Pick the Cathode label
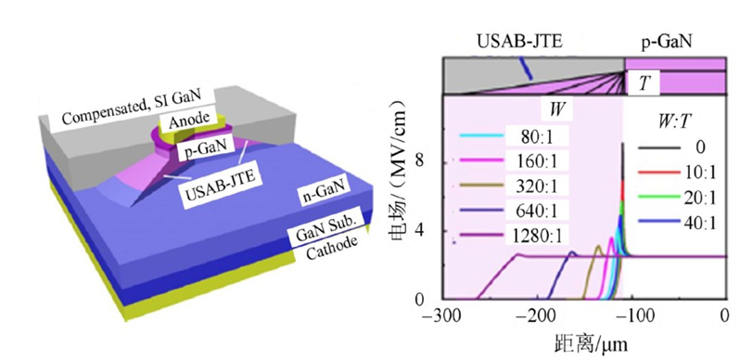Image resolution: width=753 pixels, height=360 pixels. tap(332, 248)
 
